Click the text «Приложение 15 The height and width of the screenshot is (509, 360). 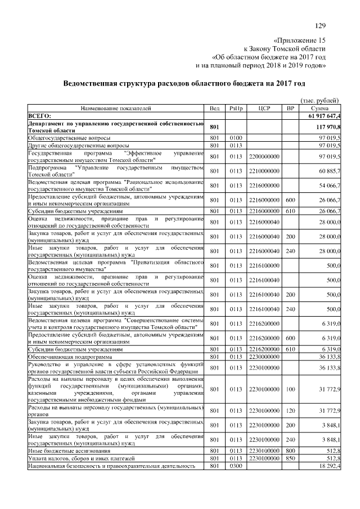[299, 40]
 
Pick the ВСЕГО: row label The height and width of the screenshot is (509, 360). [40, 115]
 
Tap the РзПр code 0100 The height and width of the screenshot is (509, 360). [236, 137]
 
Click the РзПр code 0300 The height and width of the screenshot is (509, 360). [236, 466]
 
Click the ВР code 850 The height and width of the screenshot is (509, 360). [290, 459]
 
